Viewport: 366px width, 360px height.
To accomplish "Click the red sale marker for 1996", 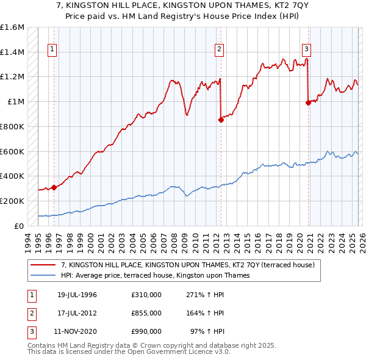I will pos(54,187).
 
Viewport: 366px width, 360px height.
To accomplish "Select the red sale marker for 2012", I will pos(221,120).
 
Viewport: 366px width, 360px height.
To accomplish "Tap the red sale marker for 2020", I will pos(308,103).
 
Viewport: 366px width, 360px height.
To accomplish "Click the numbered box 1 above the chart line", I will pos(52,50).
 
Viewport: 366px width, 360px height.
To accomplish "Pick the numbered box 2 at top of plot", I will pos(219,50).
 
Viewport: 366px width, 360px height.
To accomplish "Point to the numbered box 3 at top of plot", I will pos(306,50).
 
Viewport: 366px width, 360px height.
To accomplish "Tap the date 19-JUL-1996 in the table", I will pos(77,295).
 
